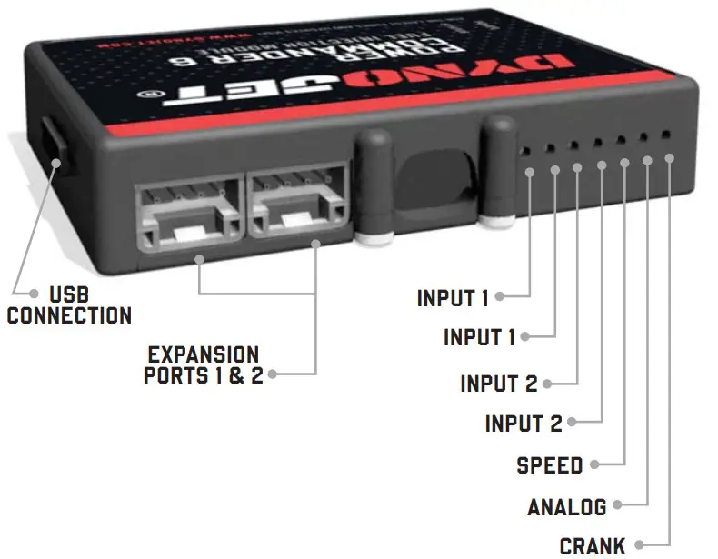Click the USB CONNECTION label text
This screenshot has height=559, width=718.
tap(69, 306)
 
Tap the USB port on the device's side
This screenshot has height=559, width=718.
tap(49, 145)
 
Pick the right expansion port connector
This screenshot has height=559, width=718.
tap(298, 205)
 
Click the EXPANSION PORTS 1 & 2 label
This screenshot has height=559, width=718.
tap(203, 364)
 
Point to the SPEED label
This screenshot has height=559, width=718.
tap(549, 465)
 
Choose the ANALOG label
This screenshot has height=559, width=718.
tap(566, 506)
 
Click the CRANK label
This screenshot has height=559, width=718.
tap(593, 545)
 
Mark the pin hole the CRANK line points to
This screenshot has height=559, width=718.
tap(666, 135)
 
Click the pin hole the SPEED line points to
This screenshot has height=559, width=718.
tap(620, 138)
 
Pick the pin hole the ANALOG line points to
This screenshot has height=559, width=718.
tap(643, 137)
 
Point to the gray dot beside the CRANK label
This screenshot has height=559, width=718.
tap(639, 544)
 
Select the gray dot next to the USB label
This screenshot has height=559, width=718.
tap(34, 294)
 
